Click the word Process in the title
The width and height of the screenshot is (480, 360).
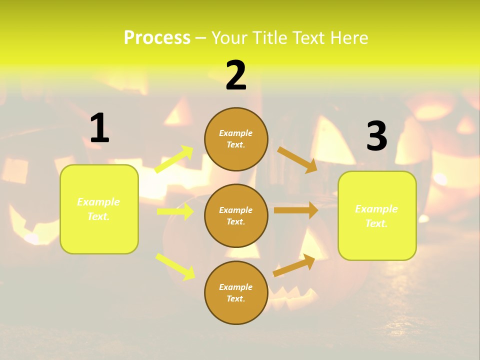157,38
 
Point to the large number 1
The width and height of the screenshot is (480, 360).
99,128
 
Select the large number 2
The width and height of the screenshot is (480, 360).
236,75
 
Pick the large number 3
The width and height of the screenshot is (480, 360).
376,136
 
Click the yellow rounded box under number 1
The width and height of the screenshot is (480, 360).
99,209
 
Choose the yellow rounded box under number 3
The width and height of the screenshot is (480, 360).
377,216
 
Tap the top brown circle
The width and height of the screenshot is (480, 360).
236,139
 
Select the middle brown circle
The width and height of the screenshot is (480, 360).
236,215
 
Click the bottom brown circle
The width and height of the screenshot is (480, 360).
236,292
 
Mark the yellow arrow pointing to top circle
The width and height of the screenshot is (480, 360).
174,159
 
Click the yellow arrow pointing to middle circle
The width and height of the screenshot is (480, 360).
175,211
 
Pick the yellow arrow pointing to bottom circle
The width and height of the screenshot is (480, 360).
175,266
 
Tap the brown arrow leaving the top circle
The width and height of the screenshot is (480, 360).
297,159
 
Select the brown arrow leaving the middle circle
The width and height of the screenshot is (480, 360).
295,210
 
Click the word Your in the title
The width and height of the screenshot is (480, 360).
228,38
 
